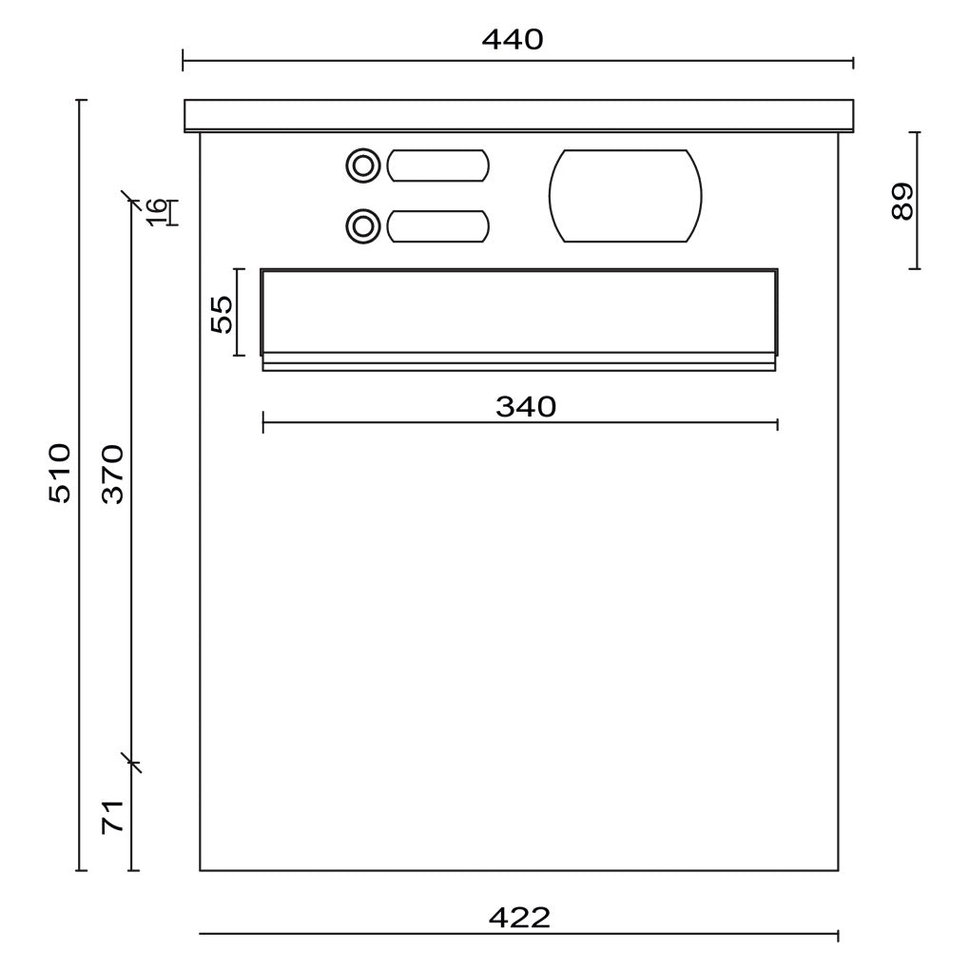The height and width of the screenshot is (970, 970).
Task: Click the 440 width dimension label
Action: [513, 40]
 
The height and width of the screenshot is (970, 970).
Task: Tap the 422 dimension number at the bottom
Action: [519, 918]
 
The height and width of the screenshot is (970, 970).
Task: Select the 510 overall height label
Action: [61, 473]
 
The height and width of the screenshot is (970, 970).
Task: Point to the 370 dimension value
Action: [113, 474]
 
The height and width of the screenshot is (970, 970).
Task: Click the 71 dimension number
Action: [113, 816]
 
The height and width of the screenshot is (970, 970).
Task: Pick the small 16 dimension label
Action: [157, 212]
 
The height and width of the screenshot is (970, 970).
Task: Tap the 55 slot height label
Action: [223, 314]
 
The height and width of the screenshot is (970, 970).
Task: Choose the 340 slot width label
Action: [526, 407]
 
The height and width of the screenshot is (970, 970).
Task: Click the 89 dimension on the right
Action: [902, 201]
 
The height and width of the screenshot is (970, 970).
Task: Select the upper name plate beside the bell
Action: [438, 165]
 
